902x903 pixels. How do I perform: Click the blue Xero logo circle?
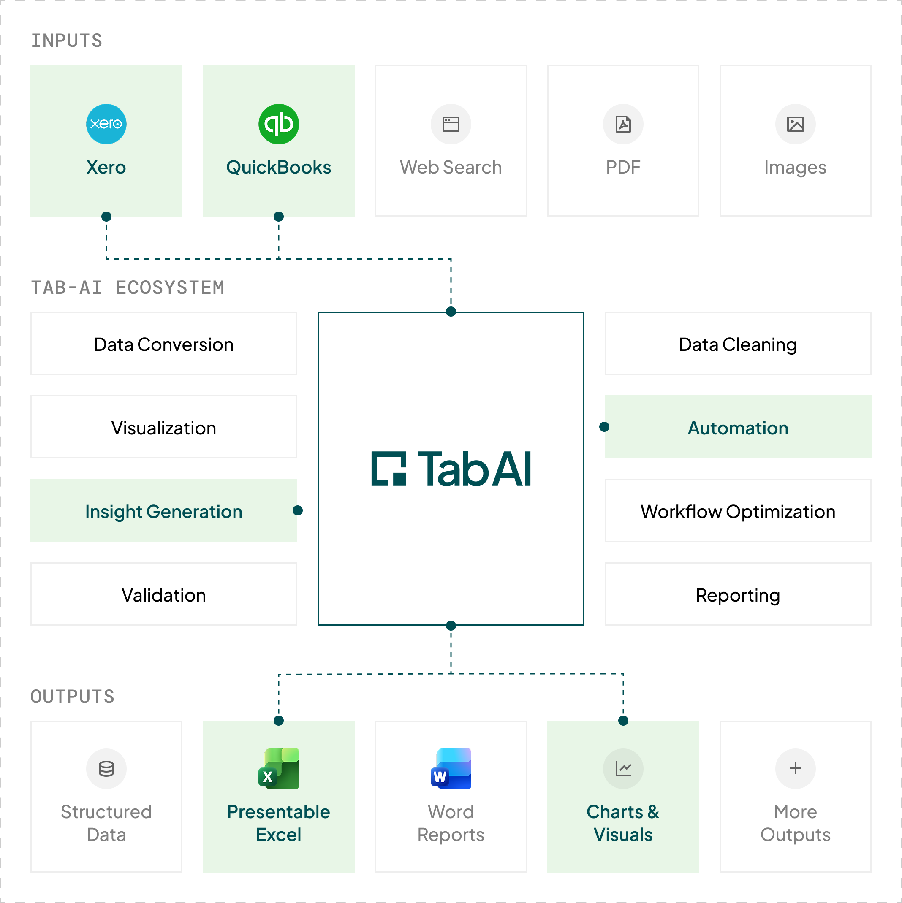click(x=106, y=124)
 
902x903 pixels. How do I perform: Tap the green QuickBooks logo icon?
click(x=279, y=124)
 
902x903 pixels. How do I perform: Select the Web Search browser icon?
click(x=451, y=124)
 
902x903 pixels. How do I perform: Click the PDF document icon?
click(x=623, y=124)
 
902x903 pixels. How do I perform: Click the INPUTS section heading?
click(x=66, y=41)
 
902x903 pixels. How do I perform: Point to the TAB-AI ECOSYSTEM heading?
click(x=128, y=287)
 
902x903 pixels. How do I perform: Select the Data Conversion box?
click(x=164, y=344)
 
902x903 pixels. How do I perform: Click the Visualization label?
click(x=164, y=428)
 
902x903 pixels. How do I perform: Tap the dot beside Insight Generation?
click(x=297, y=510)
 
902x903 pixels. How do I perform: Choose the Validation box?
click(x=164, y=594)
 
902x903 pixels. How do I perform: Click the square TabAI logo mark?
click(x=389, y=468)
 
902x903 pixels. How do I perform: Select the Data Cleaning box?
click(x=737, y=344)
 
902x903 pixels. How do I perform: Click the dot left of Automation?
click(x=604, y=427)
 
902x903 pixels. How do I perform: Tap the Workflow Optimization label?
click(x=737, y=511)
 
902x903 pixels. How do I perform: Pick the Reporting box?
click(x=737, y=594)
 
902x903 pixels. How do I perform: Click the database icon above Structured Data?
click(x=106, y=768)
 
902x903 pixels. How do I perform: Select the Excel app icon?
click(x=279, y=768)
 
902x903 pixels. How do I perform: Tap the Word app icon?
click(x=451, y=768)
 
